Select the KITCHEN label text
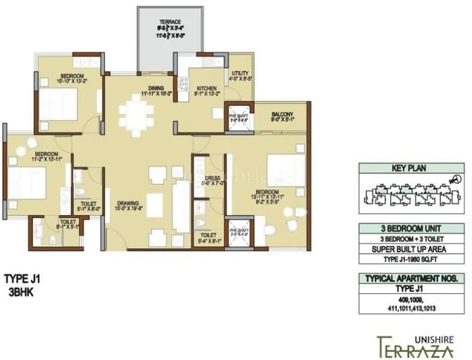(x=206, y=88)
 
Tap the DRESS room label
(x=214, y=178)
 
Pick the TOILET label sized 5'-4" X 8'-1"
(x=208, y=235)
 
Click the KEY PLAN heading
(x=408, y=169)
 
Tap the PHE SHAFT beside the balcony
(x=236, y=115)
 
